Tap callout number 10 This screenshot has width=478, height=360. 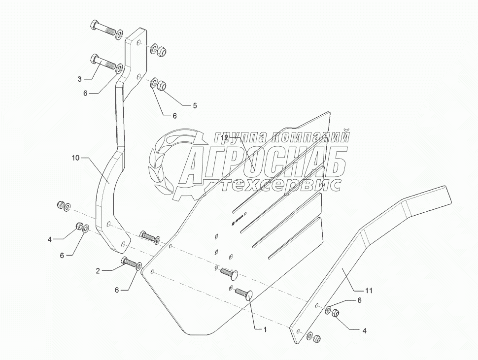(x=75, y=158)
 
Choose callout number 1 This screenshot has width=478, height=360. (x=265, y=329)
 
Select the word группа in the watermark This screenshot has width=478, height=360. (x=239, y=136)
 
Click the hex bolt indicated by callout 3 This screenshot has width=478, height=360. (x=102, y=63)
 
